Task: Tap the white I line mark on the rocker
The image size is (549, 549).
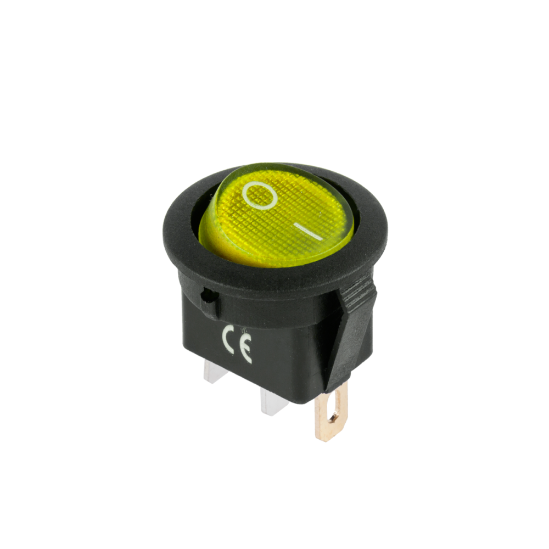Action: tap(308, 232)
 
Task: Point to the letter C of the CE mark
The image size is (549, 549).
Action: tap(228, 339)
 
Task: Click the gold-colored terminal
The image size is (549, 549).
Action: tap(331, 412)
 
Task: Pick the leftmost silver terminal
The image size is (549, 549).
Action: tap(215, 372)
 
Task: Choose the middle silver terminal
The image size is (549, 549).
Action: tap(273, 402)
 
